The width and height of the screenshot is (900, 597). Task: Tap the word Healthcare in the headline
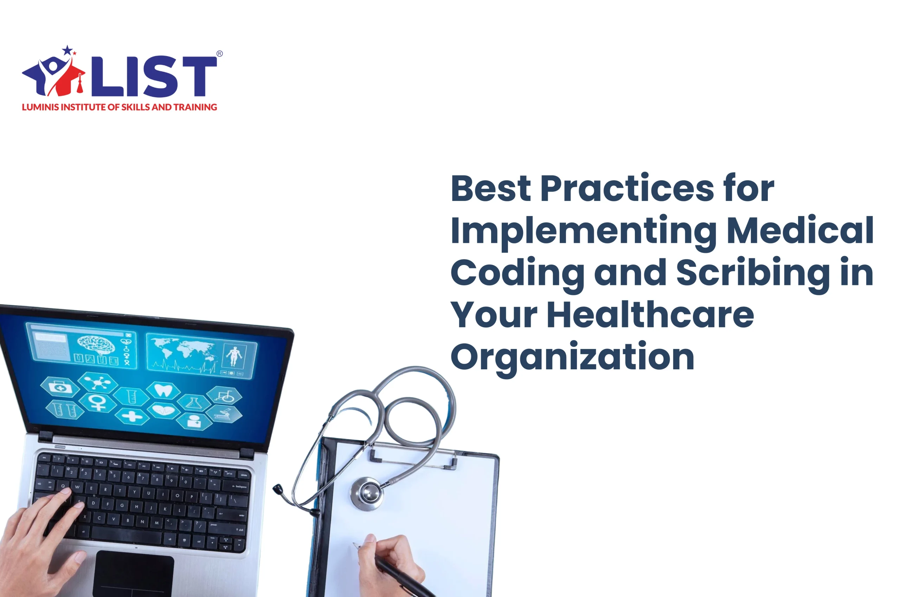point(650,314)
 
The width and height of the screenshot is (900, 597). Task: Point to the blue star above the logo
point(68,50)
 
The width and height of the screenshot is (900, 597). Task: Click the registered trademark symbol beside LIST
point(219,54)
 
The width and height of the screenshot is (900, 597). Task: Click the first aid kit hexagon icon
point(60,387)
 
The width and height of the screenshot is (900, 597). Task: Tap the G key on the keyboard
point(122,506)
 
